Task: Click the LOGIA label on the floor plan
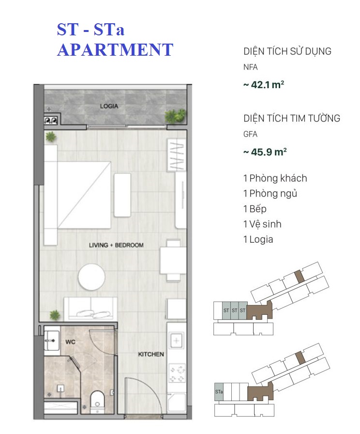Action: pos(109,106)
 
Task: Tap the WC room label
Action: pos(70,342)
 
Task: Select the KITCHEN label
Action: pos(151,354)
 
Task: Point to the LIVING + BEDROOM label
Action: pos(116,245)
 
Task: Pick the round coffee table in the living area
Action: pos(91,277)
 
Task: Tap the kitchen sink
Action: pos(177,341)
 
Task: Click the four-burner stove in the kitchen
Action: pos(177,373)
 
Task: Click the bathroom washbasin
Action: pos(52,341)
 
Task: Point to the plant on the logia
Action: pos(175,116)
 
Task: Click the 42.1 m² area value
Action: pos(264,85)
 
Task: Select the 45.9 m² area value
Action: pos(265,152)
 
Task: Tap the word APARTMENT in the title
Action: pos(115,50)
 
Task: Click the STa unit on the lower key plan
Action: pos(219,392)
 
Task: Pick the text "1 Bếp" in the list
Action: pos(255,209)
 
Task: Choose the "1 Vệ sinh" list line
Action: pos(262,224)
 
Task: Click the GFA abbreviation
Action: pos(251,134)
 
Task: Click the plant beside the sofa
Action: pos(55,315)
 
